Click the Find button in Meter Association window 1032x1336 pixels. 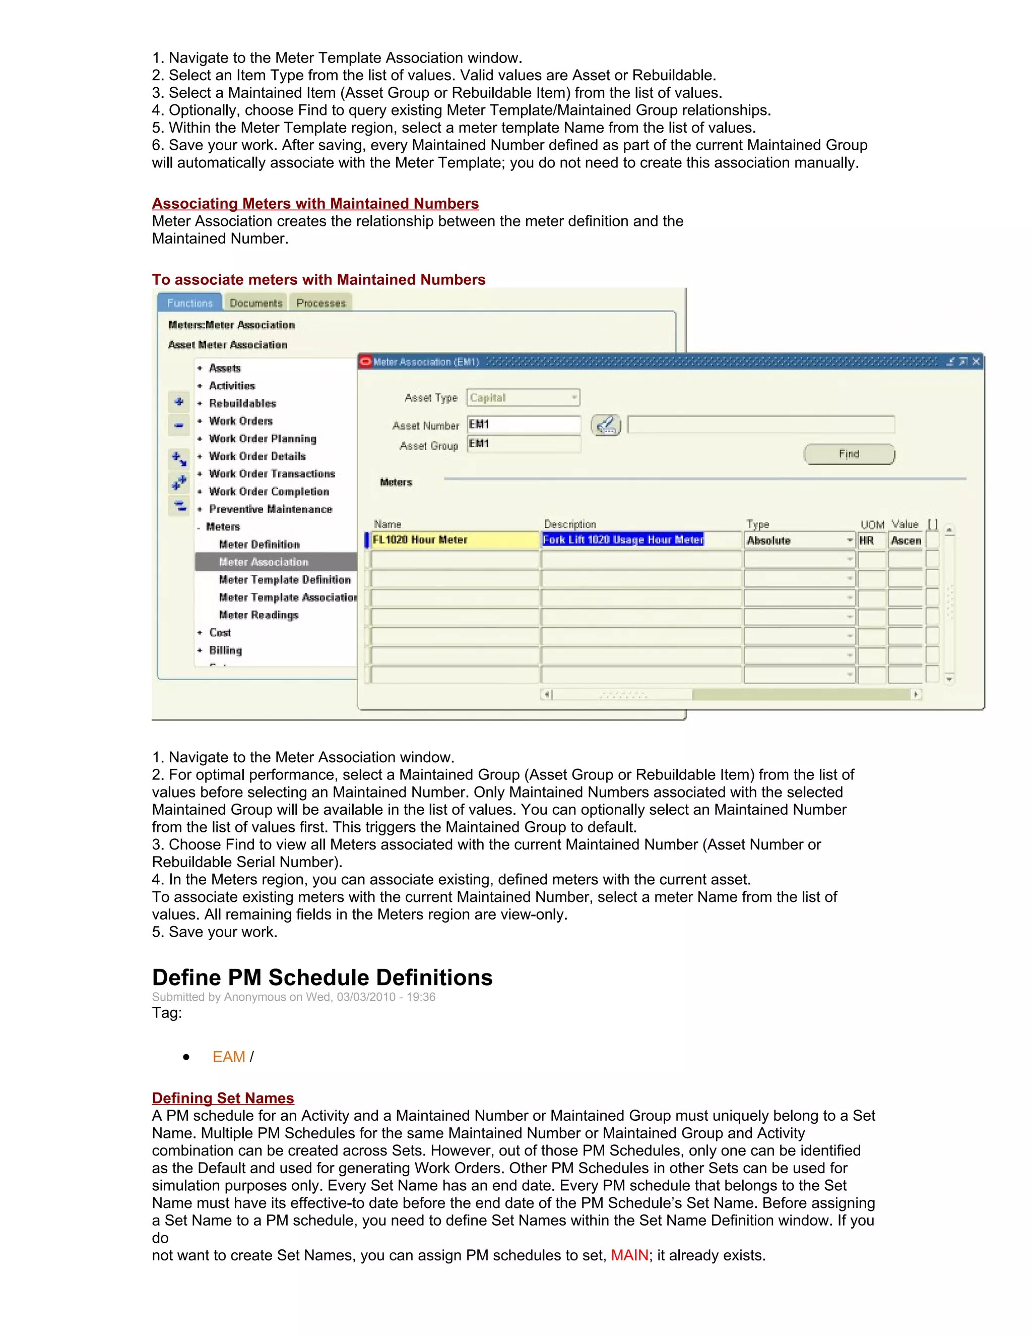tap(849, 454)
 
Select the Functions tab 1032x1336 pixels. tap(189, 303)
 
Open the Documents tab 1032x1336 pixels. tap(255, 303)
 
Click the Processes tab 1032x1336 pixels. tap(321, 303)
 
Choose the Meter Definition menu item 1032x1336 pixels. tap(259, 544)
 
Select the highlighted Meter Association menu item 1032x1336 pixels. tap(264, 562)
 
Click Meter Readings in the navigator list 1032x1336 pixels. tap(259, 615)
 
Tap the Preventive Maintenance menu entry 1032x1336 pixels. tap(270, 509)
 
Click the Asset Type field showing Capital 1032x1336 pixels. tap(523, 398)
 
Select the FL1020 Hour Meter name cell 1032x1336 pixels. tap(454, 539)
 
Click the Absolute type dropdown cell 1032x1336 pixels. tap(799, 540)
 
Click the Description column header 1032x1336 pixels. tap(570, 524)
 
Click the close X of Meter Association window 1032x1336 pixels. tap(977, 361)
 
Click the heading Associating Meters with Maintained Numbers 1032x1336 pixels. tap(315, 203)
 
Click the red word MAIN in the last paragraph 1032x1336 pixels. tap(629, 1255)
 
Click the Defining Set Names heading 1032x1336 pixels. tap(223, 1098)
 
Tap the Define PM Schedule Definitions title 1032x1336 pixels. tap(321, 978)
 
